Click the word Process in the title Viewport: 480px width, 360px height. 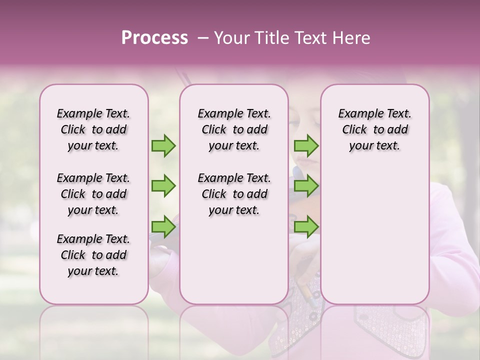click(154, 38)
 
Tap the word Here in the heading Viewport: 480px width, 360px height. click(352, 38)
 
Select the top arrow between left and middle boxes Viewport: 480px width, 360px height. click(163, 145)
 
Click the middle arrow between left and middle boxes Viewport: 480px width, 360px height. click(163, 186)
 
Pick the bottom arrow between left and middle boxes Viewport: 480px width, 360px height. click(163, 226)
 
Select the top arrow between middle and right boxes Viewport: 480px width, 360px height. click(306, 145)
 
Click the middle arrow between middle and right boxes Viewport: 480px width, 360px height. click(306, 186)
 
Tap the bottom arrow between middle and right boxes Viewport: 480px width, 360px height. click(306, 226)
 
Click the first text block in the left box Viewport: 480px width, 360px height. click(93, 129)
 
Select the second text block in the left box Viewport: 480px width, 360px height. click(93, 194)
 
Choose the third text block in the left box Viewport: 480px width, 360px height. click(93, 255)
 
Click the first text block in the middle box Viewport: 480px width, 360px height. click(234, 129)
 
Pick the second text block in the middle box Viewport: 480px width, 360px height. click(234, 194)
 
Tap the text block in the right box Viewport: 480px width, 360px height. click(375, 129)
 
